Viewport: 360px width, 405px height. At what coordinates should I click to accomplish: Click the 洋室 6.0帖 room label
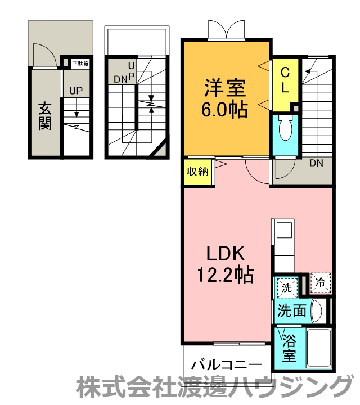tap(224, 98)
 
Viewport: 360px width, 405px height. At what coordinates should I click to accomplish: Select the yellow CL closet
tap(285, 85)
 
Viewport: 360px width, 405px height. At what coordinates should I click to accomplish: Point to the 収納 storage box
tap(198, 172)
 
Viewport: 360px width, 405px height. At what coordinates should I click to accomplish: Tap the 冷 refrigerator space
tap(321, 283)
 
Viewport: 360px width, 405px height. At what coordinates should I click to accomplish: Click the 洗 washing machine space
tap(287, 287)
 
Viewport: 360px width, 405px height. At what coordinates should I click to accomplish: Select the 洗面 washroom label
tap(292, 310)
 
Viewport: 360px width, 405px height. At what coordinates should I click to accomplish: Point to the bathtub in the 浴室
tap(319, 348)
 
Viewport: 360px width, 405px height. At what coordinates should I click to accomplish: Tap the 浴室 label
tap(289, 348)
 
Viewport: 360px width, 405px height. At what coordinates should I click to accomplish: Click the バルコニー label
tap(227, 364)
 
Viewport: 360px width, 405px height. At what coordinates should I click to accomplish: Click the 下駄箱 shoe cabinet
tap(80, 64)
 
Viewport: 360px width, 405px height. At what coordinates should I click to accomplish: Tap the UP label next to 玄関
tap(76, 91)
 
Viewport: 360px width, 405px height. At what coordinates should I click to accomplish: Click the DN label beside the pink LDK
tap(316, 163)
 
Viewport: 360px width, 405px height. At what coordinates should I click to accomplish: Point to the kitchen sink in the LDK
tap(284, 229)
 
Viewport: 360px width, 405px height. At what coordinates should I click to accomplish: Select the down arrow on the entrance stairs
tap(76, 111)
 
